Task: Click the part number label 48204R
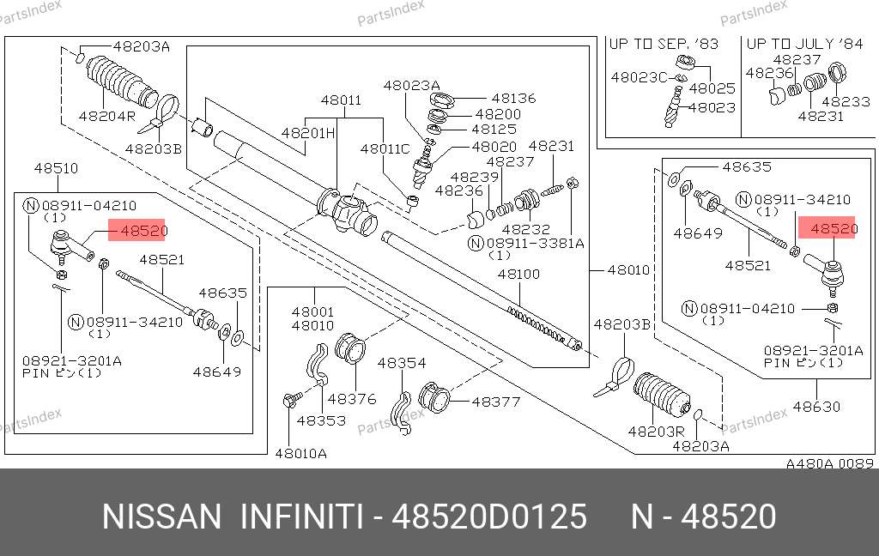pyautogui.click(x=107, y=116)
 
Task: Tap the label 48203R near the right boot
pyautogui.click(x=657, y=432)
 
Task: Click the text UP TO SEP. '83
pyautogui.click(x=664, y=44)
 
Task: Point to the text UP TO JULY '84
pyautogui.click(x=804, y=44)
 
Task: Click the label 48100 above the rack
pyautogui.click(x=519, y=274)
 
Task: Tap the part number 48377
pyautogui.click(x=496, y=402)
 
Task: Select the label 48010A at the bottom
pyautogui.click(x=301, y=453)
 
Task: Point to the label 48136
pyautogui.click(x=513, y=98)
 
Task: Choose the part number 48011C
pyautogui.click(x=385, y=149)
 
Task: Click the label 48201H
pyautogui.click(x=308, y=133)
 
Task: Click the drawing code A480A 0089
pyautogui.click(x=830, y=463)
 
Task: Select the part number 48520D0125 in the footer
pyautogui.click(x=489, y=517)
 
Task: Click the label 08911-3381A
pyautogui.click(x=536, y=244)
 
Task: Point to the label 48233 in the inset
pyautogui.click(x=846, y=101)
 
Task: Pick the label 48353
pyautogui.click(x=321, y=420)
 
